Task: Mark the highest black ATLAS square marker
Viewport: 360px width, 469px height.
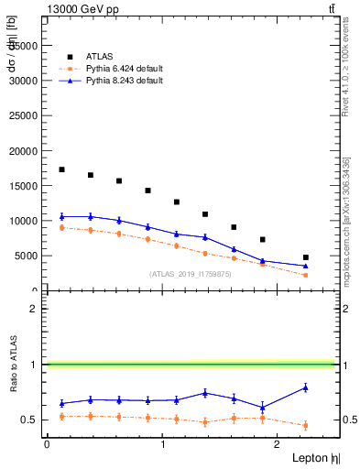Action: coord(61,169)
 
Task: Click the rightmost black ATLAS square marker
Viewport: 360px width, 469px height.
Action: coord(305,257)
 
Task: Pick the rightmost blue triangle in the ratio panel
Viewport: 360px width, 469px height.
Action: coord(305,387)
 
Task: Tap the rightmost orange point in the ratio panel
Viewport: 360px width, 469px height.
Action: coord(305,425)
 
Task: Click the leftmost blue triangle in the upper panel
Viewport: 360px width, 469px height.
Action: coord(61,216)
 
